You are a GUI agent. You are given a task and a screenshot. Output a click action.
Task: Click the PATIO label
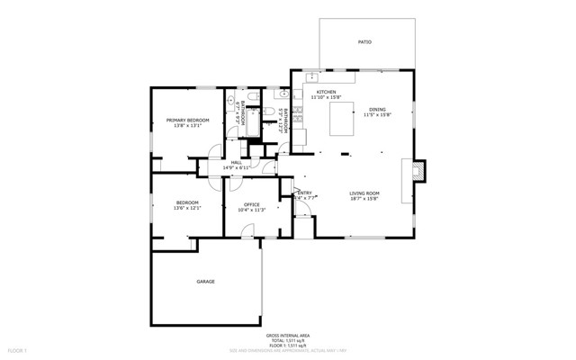point(364,41)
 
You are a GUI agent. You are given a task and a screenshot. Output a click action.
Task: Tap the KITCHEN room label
point(325,92)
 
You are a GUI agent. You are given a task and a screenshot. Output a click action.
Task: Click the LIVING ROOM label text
point(364,193)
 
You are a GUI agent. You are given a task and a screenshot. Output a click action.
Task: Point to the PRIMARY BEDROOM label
point(187,120)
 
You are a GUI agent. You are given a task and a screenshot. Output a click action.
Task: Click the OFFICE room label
point(252,204)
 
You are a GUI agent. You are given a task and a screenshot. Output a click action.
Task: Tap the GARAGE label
point(205,282)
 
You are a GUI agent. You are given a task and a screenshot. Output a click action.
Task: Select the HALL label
point(236,162)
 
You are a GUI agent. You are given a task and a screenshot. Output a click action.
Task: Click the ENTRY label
point(304,193)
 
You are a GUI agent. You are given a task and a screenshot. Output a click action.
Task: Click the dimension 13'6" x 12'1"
point(187,209)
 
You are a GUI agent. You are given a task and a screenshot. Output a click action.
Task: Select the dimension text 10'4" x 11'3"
point(252,210)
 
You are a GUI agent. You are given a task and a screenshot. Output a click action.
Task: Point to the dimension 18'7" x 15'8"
point(364,199)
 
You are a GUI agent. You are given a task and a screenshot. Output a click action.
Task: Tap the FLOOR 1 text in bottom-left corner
point(17,349)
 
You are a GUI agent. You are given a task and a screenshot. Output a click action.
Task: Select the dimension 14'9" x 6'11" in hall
point(236,167)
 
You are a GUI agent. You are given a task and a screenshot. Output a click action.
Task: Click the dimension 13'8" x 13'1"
point(187,125)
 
